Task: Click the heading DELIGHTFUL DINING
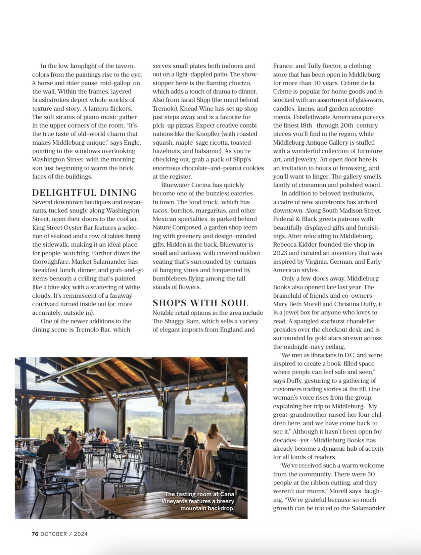(x=84, y=193)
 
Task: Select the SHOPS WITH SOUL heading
(x=200, y=303)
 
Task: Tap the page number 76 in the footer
(x=35, y=534)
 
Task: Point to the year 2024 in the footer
(x=81, y=534)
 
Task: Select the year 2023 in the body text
(x=280, y=253)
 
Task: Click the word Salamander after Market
(x=116, y=262)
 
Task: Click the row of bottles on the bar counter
(x=176, y=437)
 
